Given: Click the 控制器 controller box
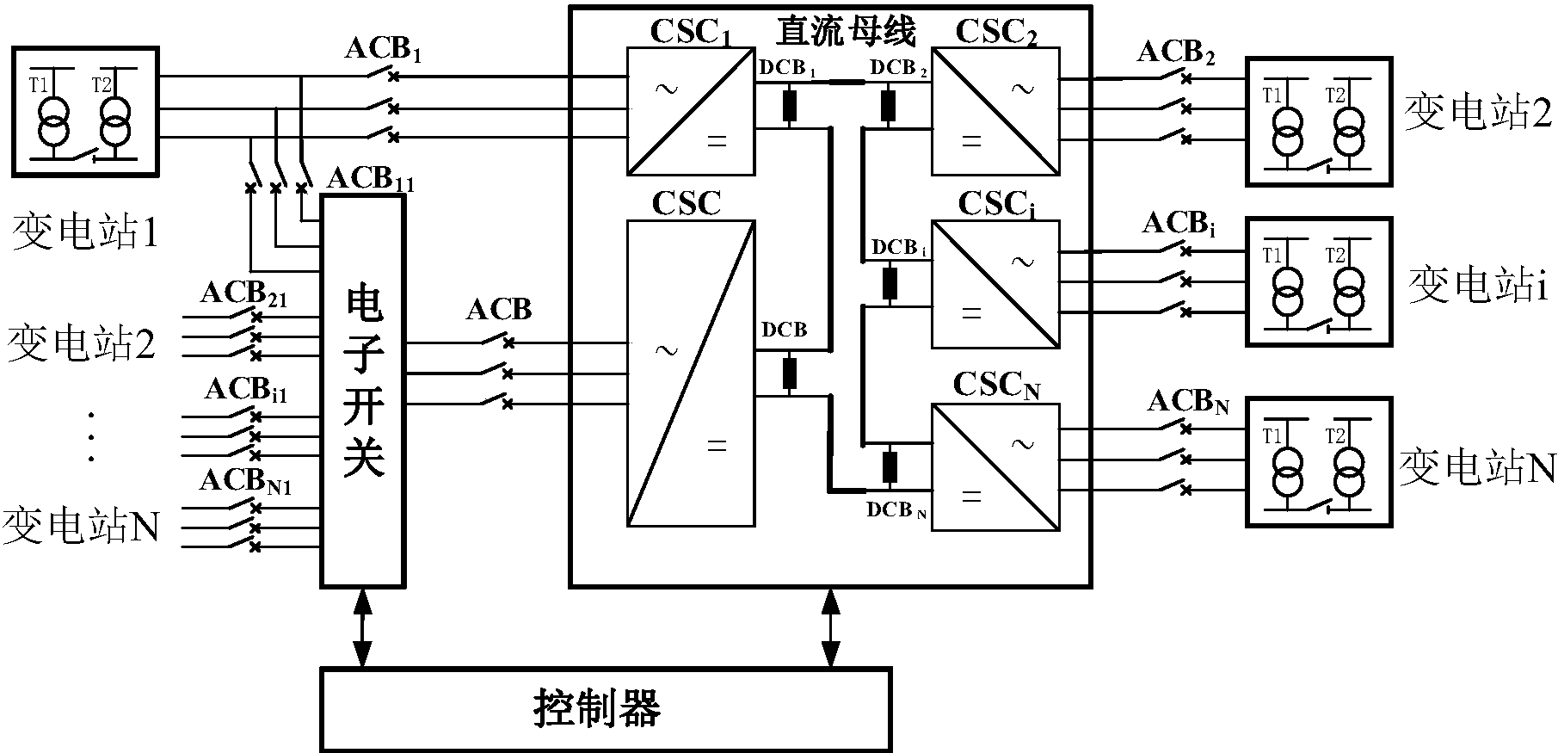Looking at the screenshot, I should click(605, 708).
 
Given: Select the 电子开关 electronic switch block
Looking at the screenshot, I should click(363, 392).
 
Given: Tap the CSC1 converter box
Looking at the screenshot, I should click(691, 112).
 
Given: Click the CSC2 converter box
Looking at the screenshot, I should click(995, 112).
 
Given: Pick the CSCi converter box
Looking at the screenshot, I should click(995, 284).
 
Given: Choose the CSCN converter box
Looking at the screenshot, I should click(995, 467).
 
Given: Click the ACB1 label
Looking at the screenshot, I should click(384, 50).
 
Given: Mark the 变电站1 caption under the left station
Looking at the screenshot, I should click(85, 232).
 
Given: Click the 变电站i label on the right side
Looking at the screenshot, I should click(1477, 286).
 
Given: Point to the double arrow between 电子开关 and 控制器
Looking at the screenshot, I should click(363, 627).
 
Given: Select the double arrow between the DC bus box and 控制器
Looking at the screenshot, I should click(830, 627).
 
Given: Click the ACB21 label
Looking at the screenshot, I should click(243, 294).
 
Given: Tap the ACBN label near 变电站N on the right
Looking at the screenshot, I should click(1187, 402).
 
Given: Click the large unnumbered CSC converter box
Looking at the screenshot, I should click(691, 373).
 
